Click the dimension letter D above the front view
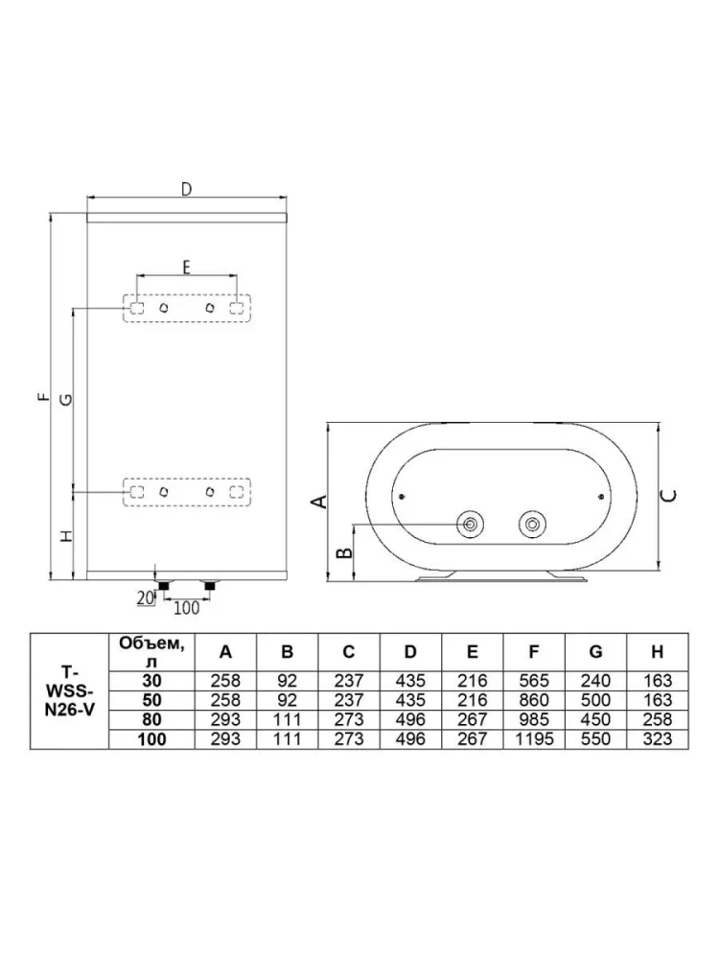tap(187, 189)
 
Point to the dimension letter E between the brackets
tap(187, 267)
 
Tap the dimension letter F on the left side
tap(43, 397)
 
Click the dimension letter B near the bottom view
tap(345, 552)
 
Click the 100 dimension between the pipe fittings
tap(187, 607)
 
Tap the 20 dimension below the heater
tap(145, 597)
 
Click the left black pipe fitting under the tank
tap(163, 586)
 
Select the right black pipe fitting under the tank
tap(210, 586)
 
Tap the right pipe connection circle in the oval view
tap(532, 525)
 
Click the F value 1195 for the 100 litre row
tap(534, 739)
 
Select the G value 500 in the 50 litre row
tap(595, 700)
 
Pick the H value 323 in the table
tap(658, 739)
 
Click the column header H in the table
tap(658, 652)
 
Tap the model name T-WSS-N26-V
tap(70, 692)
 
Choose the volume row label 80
tap(151, 720)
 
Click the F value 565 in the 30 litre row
tap(534, 681)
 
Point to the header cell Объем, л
tap(151, 652)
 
